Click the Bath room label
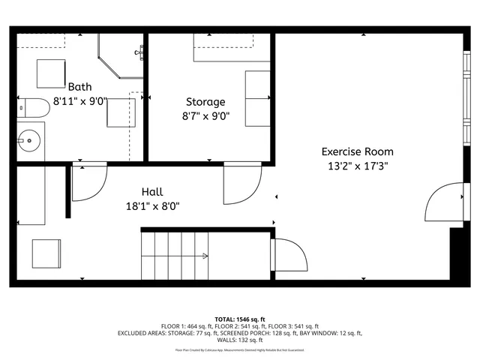click(79, 87)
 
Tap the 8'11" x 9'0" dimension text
click(79, 101)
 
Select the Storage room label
click(205, 102)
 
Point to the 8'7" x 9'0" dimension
click(205, 116)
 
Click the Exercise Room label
click(357, 151)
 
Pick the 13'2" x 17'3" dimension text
click(357, 166)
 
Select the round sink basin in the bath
click(29, 139)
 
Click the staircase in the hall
click(174, 255)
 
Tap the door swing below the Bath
click(88, 183)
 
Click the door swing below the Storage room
click(241, 184)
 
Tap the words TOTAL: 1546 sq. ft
click(240, 319)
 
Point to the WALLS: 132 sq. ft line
click(240, 340)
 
